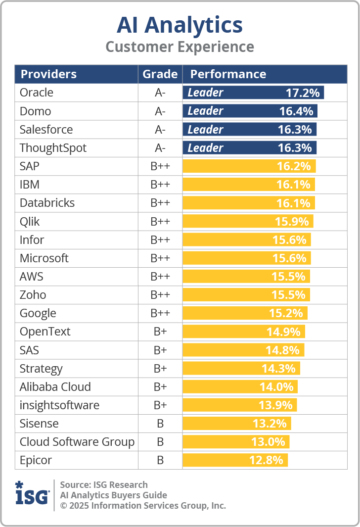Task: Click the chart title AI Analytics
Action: tap(180, 25)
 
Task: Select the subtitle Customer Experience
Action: tap(180, 47)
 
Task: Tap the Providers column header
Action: tap(48, 74)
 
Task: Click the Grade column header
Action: tap(160, 74)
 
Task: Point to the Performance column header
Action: tap(228, 74)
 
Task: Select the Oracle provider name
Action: tap(37, 93)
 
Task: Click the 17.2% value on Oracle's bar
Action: tap(303, 93)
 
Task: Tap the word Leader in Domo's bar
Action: tap(205, 111)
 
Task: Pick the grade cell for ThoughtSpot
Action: tap(160, 148)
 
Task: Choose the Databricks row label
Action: tap(47, 203)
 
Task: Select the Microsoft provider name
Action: tap(44, 258)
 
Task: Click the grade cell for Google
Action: tap(160, 313)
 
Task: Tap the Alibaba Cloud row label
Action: tap(55, 387)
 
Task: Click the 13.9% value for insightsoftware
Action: tap(275, 405)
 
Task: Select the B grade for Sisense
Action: tap(160, 424)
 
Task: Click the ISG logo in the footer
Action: tap(32, 494)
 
